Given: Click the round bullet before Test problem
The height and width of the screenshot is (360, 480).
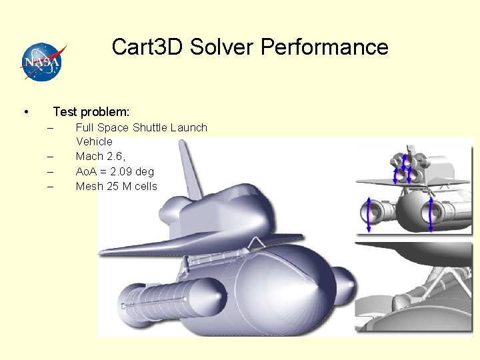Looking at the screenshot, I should pos(25,111).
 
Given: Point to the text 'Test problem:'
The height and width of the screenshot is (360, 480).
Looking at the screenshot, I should pos(91,111).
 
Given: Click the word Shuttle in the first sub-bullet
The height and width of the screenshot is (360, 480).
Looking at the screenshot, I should pos(150,127).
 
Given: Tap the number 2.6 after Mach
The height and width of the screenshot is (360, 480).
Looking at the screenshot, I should pos(115,156).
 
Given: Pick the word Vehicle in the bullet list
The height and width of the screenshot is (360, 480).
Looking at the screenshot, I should pos(94,141).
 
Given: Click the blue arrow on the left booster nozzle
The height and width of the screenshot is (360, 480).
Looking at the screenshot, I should pos(367,215).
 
